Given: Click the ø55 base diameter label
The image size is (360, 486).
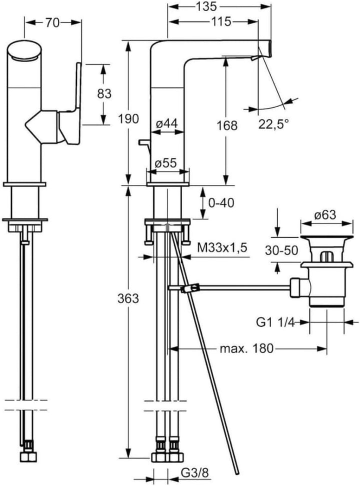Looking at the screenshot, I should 165,163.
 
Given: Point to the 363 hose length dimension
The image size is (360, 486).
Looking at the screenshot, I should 129,298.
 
